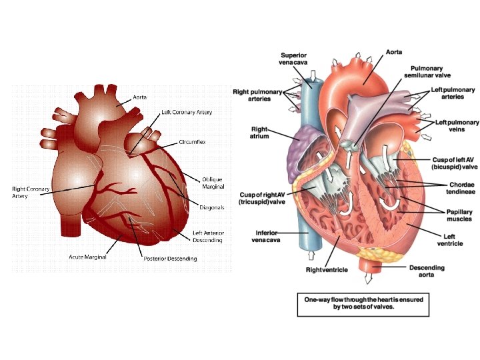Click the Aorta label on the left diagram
click(139, 97)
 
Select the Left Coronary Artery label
click(187, 112)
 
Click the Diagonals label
click(212, 207)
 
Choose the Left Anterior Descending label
click(207, 236)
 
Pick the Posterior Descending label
click(170, 258)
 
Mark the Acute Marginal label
click(89, 256)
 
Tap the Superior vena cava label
click(293, 59)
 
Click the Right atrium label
click(259, 133)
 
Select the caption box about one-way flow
click(363, 304)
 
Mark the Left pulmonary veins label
click(457, 126)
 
